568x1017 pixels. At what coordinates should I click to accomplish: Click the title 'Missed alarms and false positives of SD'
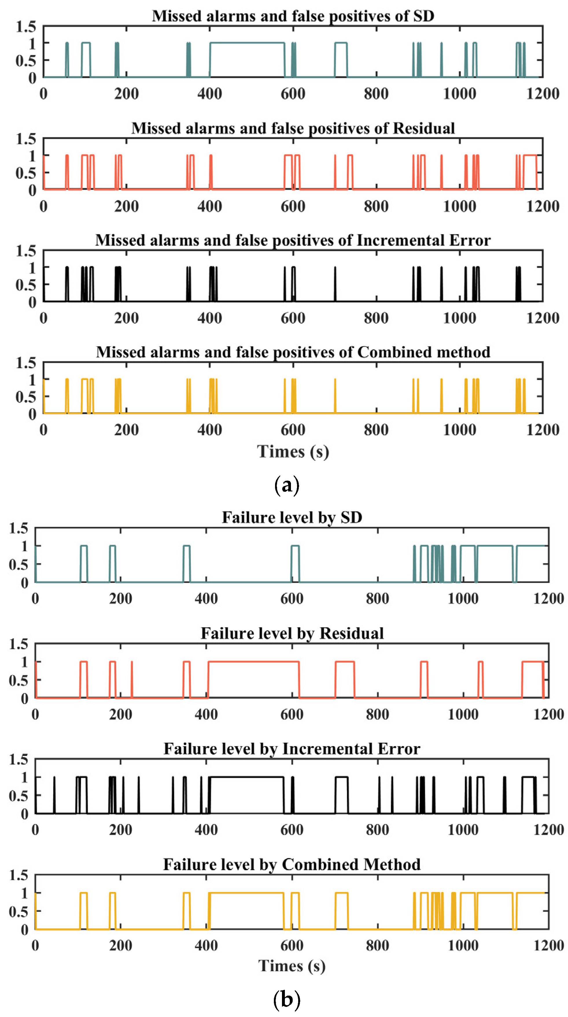pyautogui.click(x=293, y=16)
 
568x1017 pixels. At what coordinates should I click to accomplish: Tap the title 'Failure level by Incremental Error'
pyautogui.click(x=292, y=748)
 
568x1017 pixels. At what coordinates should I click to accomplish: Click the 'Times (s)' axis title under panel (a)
pyautogui.click(x=293, y=452)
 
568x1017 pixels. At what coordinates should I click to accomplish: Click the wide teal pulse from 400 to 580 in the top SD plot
pyautogui.click(x=247, y=43)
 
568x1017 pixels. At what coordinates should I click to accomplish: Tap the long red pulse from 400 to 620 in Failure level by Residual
pyautogui.click(x=253, y=662)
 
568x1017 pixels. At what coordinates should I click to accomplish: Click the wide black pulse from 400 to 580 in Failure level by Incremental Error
pyautogui.click(x=246, y=777)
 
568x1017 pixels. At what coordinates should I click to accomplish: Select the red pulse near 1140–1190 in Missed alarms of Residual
pyautogui.click(x=530, y=156)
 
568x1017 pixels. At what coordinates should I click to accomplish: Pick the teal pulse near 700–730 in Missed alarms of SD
pyautogui.click(x=341, y=43)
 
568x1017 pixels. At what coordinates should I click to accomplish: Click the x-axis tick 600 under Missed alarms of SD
pyautogui.click(x=293, y=94)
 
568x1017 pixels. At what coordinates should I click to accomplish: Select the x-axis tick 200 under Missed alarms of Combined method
pyautogui.click(x=126, y=430)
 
